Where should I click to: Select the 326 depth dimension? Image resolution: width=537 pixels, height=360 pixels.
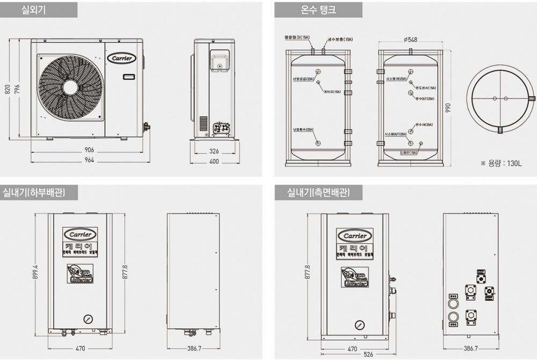coord(214,151)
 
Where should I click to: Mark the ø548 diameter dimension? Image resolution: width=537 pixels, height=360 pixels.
coord(410,39)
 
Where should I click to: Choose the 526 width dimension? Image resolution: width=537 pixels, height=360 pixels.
coord(353,355)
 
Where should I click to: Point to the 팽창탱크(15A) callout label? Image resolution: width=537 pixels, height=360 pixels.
coord(297,38)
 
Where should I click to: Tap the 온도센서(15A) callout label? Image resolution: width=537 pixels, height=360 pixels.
coord(425,88)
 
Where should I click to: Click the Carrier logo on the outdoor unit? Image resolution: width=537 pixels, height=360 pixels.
coord(124,57)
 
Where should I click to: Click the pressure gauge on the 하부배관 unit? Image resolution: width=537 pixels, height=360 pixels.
coord(88,318)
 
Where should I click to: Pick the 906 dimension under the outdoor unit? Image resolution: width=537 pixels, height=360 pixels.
coord(89,149)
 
